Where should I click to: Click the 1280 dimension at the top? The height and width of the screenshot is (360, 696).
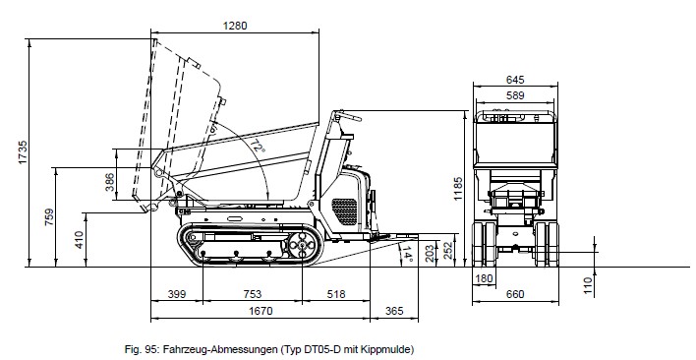tap(235, 26)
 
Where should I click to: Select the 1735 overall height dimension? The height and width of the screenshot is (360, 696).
tap(23, 152)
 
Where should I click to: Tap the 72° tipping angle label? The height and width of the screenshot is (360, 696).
tap(257, 146)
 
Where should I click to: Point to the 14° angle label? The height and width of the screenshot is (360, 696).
tap(407, 254)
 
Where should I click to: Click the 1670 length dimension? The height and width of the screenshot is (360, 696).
tap(261, 311)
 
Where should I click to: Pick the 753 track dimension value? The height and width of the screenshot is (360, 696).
tap(252, 294)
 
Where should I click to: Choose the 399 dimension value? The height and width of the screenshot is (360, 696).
tap(177, 294)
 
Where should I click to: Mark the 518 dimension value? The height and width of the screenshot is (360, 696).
tap(336, 294)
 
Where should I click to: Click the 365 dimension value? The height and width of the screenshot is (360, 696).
tap(394, 311)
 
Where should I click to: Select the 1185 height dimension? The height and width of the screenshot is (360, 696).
tap(458, 189)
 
